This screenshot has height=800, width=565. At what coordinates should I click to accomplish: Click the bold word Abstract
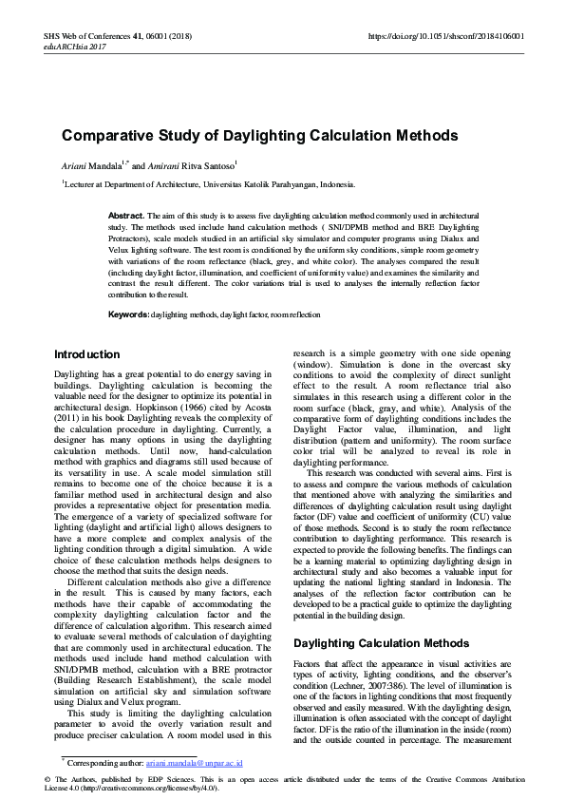125,217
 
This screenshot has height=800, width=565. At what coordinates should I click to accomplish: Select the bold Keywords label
129,314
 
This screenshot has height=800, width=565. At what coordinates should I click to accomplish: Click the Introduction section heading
86,354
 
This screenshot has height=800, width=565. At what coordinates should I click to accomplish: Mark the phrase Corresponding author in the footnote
102,763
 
